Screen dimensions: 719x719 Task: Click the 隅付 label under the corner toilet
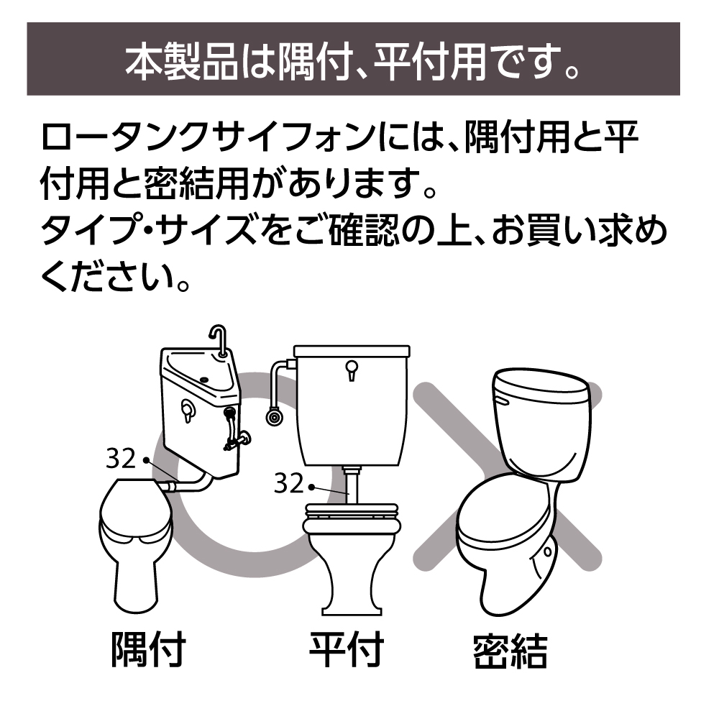(149, 649)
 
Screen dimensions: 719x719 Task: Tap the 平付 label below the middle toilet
(347, 649)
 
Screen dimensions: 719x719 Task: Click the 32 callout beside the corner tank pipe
(121, 458)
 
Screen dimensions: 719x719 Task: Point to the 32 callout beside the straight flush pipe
(289, 483)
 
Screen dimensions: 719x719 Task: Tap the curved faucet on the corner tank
(218, 339)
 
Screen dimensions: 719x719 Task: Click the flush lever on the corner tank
(187, 411)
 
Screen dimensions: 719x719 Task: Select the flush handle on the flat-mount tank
(352, 370)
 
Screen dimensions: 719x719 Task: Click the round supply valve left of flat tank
(274, 417)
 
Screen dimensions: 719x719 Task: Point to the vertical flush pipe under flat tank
(352, 485)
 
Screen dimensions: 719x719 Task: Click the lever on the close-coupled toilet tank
(502, 403)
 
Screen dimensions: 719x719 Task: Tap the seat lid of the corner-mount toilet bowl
(136, 508)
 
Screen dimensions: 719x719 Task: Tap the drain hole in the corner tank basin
(203, 380)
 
